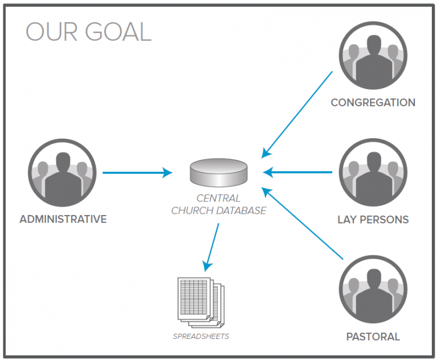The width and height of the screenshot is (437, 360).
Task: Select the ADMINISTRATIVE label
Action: (x=63, y=219)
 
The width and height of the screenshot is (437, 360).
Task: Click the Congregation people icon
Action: (x=373, y=56)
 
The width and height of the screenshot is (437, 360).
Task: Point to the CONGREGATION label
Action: (x=373, y=103)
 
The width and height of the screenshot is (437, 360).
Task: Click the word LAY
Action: (x=348, y=220)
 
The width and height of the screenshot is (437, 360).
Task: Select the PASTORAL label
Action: (x=373, y=337)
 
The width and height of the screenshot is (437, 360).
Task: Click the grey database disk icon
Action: (x=218, y=173)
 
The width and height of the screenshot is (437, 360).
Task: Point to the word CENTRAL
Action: (x=218, y=198)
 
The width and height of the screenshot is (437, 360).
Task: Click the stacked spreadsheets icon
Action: (x=201, y=299)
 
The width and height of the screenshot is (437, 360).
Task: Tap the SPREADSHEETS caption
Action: (x=201, y=336)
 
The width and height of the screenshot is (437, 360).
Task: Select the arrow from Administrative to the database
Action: (x=137, y=172)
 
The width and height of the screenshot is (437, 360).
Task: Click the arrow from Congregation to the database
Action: (x=297, y=114)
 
